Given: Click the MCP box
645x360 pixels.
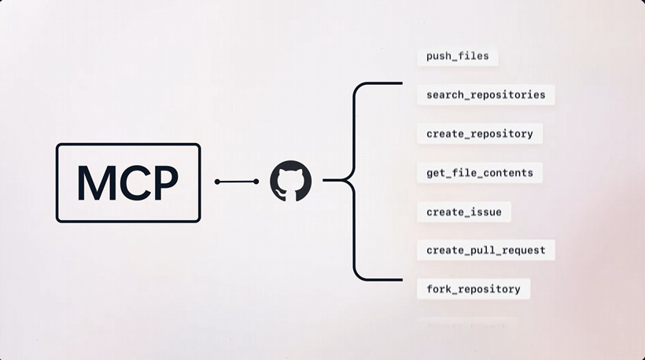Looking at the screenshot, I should (x=127, y=182).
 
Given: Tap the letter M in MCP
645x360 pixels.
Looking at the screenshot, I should (x=94, y=182).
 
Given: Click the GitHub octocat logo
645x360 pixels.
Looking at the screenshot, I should (x=291, y=182).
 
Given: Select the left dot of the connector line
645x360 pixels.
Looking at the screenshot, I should (x=217, y=182).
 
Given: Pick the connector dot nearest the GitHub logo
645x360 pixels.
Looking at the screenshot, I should (x=256, y=182).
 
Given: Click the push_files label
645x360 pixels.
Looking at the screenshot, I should (x=457, y=57).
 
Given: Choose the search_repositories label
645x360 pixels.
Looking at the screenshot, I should (x=485, y=95).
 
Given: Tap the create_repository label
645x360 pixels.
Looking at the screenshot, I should (x=479, y=134).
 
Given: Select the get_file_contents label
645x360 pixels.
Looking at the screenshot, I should (x=479, y=173).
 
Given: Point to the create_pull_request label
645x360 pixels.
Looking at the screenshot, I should (x=485, y=251).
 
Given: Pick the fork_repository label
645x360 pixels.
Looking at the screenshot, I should (x=473, y=289).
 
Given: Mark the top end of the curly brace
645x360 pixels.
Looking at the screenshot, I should (x=400, y=83).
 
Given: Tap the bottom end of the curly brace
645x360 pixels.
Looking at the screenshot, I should (x=400, y=279).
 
